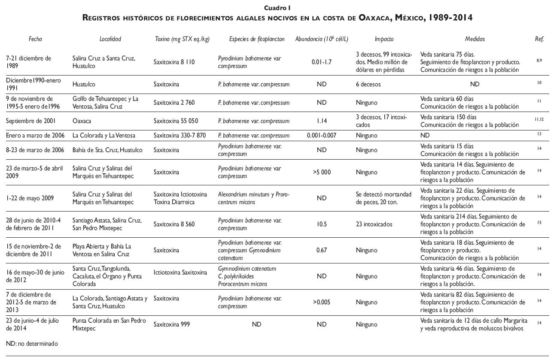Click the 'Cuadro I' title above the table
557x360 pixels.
(x=278, y=8)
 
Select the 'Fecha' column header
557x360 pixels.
(x=36, y=39)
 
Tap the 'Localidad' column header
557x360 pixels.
(x=110, y=39)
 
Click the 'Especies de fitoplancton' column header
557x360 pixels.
(x=257, y=39)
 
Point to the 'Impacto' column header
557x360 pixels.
(x=384, y=39)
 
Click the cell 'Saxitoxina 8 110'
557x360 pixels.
(x=174, y=62)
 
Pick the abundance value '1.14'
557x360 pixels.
(x=321, y=121)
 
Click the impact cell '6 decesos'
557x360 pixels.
(x=368, y=84)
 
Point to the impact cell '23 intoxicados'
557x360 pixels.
(x=374, y=224)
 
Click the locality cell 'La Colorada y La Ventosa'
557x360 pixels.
(x=104, y=136)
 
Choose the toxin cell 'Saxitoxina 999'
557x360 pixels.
(x=172, y=324)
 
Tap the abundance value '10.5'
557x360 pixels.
(x=321, y=224)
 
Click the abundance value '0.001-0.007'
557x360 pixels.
(x=321, y=136)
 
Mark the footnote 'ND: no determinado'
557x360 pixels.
(x=32, y=343)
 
